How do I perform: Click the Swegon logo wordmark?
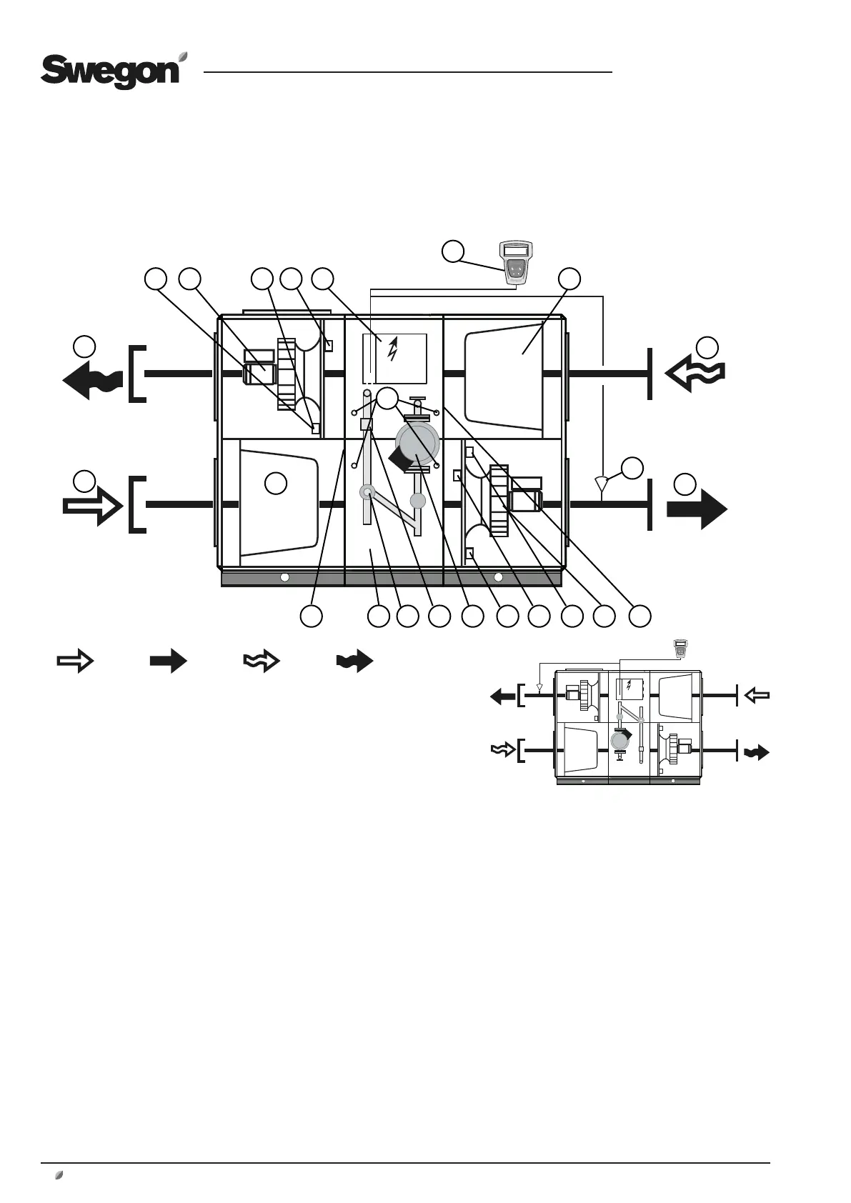pyautogui.click(x=109, y=73)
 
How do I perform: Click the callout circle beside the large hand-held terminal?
pyautogui.click(x=452, y=251)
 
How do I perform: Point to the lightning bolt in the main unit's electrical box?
pyautogui.click(x=392, y=350)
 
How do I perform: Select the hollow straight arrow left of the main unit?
pyautogui.click(x=92, y=505)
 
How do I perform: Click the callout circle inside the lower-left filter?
pyautogui.click(x=276, y=483)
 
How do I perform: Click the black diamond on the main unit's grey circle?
pyautogui.click(x=399, y=457)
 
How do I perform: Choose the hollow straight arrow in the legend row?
pyautogui.click(x=75, y=662)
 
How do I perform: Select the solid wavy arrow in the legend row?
pyautogui.click(x=355, y=662)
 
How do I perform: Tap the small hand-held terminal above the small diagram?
pyautogui.click(x=680, y=648)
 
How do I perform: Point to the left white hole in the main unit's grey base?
pyautogui.click(x=284, y=576)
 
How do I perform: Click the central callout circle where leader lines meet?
pyautogui.click(x=387, y=399)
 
